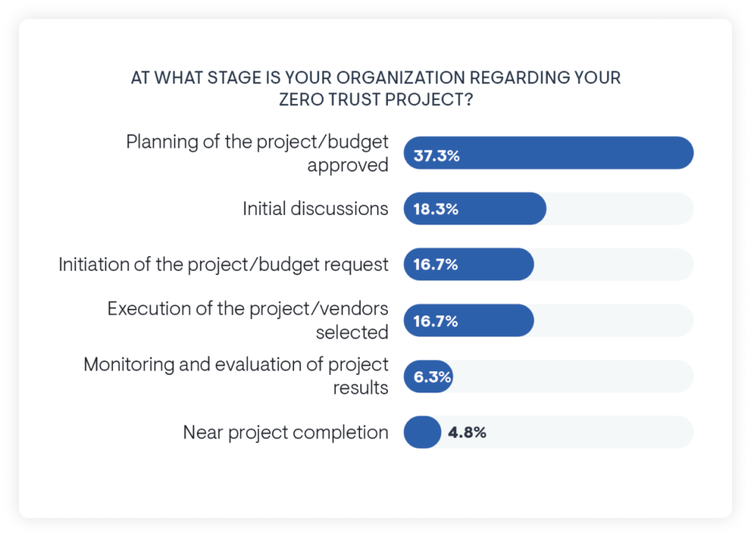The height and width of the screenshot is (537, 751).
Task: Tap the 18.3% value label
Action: click(436, 209)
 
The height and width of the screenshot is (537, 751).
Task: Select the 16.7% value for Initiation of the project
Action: click(436, 265)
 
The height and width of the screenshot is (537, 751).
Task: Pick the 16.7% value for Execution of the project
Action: click(436, 321)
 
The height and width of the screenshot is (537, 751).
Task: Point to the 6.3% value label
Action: click(432, 376)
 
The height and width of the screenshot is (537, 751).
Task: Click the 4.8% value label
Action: click(467, 432)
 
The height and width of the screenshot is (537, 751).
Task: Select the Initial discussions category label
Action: click(315, 209)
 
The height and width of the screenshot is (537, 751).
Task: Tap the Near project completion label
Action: click(285, 432)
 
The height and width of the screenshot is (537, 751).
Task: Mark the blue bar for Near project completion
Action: click(422, 432)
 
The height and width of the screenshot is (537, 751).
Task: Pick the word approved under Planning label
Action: click(348, 165)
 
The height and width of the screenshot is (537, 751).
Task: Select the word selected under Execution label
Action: click(352, 332)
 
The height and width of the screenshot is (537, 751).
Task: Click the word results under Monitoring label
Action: click(361, 388)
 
